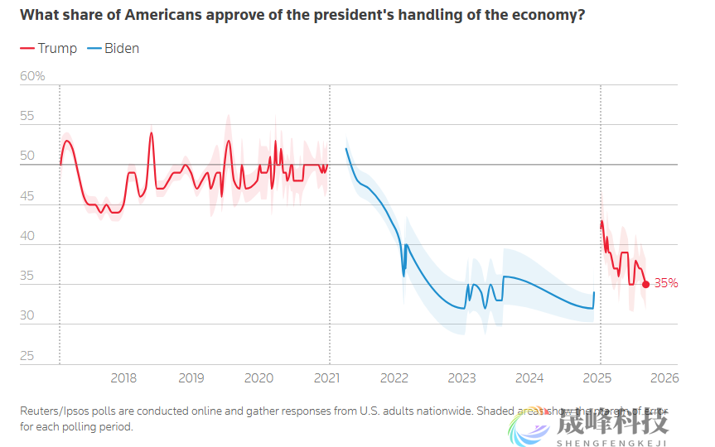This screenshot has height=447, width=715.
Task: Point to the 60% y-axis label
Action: [32, 76]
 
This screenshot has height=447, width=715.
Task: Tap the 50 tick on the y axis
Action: [27, 156]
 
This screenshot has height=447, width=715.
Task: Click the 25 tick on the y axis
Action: [27, 356]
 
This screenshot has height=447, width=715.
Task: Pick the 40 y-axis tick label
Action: [27, 236]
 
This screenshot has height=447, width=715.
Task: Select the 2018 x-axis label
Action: [123, 378]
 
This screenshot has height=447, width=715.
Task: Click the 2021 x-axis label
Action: [327, 378]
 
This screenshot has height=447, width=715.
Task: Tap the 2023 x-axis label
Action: [461, 378]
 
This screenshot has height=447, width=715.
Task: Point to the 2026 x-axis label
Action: [664, 378]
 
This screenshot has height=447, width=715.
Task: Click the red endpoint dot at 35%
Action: [645, 284]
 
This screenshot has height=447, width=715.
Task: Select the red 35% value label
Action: [666, 283]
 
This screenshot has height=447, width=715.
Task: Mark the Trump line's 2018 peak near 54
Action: [152, 132]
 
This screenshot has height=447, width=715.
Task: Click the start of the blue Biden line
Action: [345, 149]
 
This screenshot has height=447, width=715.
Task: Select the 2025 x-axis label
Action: [597, 378]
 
